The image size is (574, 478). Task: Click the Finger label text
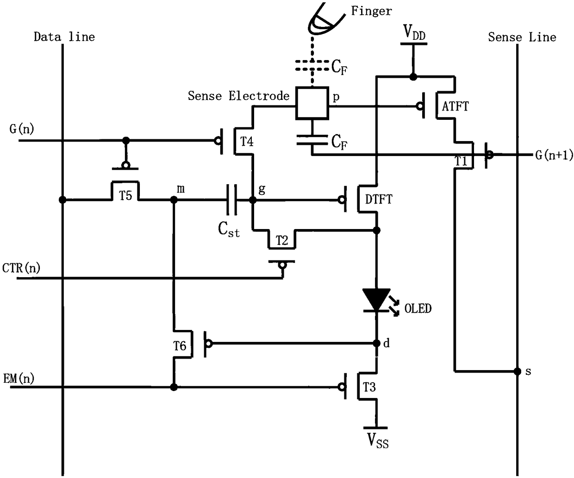[371, 11]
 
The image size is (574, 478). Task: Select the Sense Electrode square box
[312, 103]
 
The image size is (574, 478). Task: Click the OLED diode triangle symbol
[376, 300]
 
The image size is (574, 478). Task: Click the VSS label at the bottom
[378, 441]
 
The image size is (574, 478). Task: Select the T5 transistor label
[125, 195]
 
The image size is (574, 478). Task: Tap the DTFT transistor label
[379, 199]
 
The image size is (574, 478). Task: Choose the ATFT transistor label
[455, 106]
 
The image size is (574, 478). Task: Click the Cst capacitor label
[229, 229]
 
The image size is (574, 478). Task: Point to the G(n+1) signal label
[554, 155]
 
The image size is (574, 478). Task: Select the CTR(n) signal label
[21, 268]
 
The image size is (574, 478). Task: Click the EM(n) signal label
[19, 379]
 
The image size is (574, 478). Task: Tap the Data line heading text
[64, 37]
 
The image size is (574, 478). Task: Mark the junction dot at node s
[518, 372]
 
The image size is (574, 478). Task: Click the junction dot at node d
[376, 343]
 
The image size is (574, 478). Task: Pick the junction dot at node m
[174, 199]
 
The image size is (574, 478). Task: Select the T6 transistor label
[180, 346]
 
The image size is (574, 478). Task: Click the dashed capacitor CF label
[339, 67]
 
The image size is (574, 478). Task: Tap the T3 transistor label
[369, 387]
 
